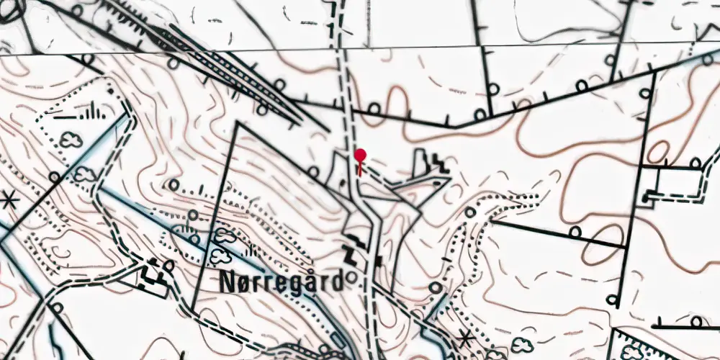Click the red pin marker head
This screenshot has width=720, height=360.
click(x=360, y=155)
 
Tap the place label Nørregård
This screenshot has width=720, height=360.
click(x=281, y=283)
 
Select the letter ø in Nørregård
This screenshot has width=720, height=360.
click(x=244, y=283)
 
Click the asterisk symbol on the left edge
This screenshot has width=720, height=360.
click(x=9, y=199)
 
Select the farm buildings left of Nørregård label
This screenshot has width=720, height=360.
click(x=153, y=274)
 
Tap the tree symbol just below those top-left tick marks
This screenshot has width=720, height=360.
click(x=70, y=139)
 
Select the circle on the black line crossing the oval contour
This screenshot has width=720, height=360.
click(x=575, y=232)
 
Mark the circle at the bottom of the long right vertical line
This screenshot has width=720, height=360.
click(x=611, y=299)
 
